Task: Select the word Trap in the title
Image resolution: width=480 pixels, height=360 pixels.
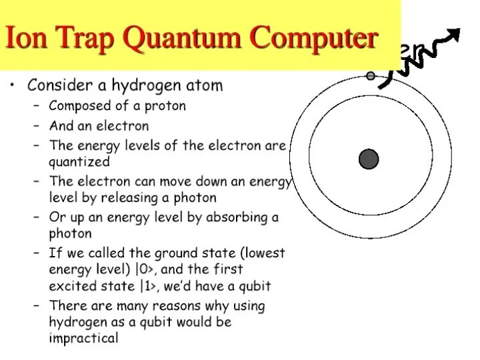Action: click(x=83, y=38)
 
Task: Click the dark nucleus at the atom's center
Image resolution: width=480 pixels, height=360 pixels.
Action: click(x=369, y=159)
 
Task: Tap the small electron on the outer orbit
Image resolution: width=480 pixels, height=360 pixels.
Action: click(x=371, y=76)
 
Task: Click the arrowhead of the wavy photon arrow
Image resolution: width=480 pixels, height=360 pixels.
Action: click(x=455, y=35)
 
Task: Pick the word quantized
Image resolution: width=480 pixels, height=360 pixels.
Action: click(x=79, y=162)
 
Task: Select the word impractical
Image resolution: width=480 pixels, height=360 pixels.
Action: click(x=83, y=339)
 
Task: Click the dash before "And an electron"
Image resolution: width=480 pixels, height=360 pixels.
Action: click(x=35, y=126)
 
